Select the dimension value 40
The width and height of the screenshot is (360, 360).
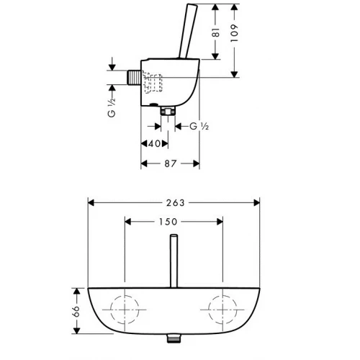(x=153, y=144)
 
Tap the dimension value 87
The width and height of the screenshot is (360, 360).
(x=170, y=164)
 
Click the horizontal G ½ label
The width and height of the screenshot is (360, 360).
(x=199, y=127)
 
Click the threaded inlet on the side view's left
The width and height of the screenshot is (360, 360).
(x=135, y=77)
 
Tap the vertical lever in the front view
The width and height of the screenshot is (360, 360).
(x=173, y=259)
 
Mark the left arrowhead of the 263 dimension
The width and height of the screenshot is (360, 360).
(x=89, y=203)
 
